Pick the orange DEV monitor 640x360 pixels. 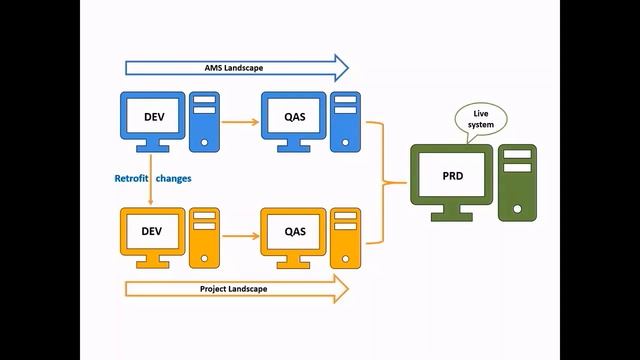[151, 232]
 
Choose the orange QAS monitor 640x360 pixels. [294, 232]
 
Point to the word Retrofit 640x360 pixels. [132, 178]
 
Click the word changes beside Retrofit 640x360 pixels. [173, 178]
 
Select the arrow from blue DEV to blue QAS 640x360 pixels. [238, 123]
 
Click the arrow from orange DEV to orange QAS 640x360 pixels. [238, 237]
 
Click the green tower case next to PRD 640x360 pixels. [518, 181]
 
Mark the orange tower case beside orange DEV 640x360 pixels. [204, 233]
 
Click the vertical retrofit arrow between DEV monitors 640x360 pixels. [151, 190]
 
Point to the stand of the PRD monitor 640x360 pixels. [452, 213]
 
